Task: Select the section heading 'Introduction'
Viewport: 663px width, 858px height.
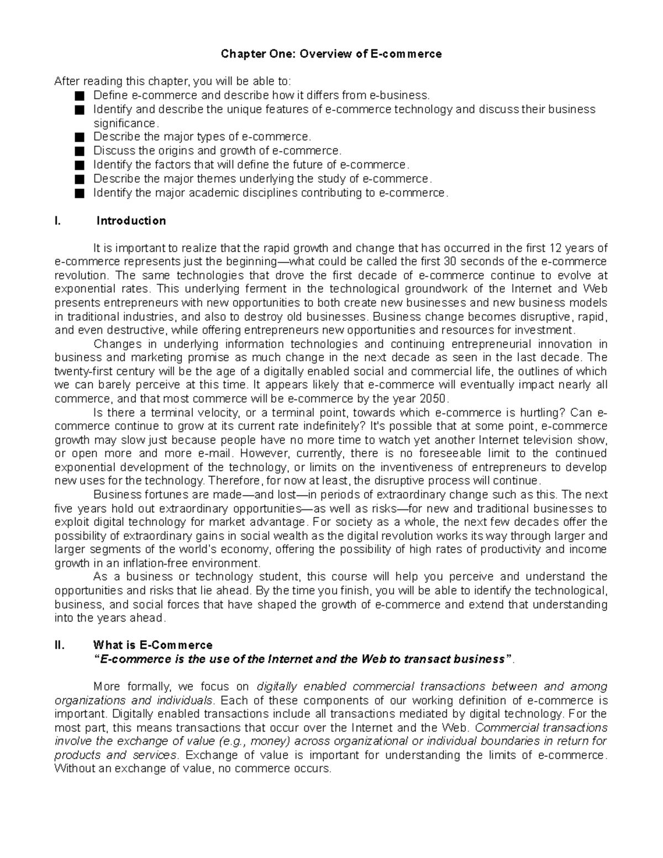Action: click(x=131, y=221)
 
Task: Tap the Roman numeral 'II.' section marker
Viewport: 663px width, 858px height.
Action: click(x=60, y=645)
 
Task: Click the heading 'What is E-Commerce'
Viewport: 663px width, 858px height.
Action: click(x=153, y=645)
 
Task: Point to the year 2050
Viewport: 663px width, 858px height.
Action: click(x=432, y=399)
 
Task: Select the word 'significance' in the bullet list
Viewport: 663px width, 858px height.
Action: click(x=125, y=123)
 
